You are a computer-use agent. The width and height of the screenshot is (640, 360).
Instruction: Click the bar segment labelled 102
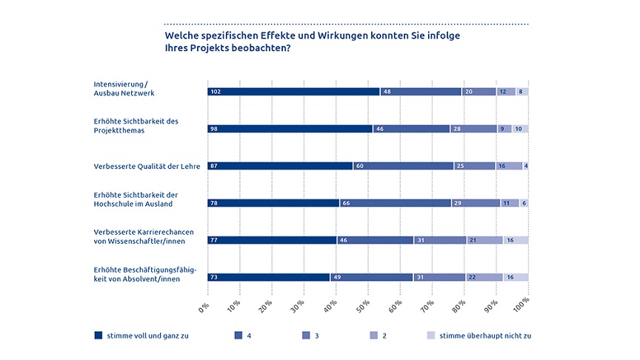(x=293, y=92)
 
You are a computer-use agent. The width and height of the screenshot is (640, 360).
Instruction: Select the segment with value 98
(x=290, y=129)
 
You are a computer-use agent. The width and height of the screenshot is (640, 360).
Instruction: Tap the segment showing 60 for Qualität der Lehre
(x=403, y=166)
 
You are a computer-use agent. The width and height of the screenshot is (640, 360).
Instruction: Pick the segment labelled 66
(x=395, y=203)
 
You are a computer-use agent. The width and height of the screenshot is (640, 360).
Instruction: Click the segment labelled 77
(x=273, y=240)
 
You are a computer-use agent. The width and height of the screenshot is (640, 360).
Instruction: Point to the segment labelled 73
(x=268, y=277)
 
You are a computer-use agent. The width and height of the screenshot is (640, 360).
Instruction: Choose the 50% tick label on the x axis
(x=364, y=305)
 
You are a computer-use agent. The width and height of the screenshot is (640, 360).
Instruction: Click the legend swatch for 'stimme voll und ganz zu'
(x=99, y=335)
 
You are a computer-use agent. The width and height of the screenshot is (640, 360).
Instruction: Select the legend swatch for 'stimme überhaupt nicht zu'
(x=430, y=335)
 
